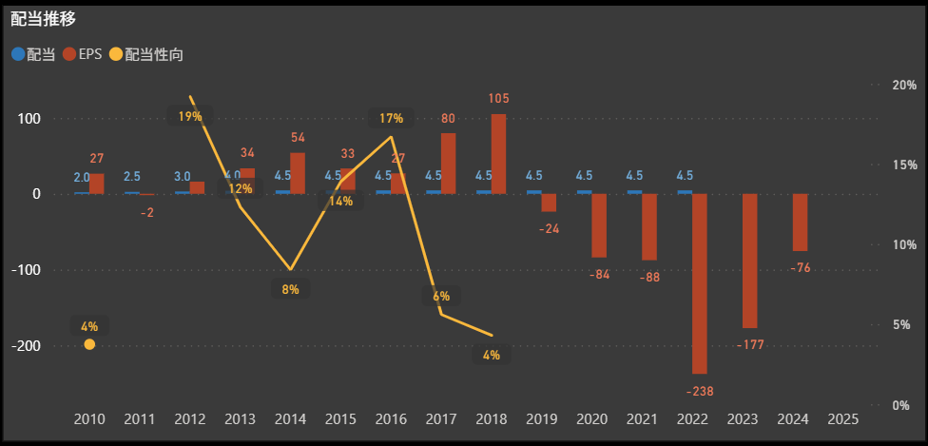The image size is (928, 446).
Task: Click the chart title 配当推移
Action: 44,18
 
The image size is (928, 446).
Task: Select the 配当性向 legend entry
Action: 146,54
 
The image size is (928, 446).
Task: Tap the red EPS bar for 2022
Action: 700,283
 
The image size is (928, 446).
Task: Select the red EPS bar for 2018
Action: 499,154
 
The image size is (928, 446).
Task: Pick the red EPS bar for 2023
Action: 750,261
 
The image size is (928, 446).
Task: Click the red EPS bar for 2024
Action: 800,222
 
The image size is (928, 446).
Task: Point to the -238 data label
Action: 700,391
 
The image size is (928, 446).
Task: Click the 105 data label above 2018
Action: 499,98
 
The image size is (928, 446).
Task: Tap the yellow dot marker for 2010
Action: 89,344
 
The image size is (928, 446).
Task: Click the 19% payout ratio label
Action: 190,117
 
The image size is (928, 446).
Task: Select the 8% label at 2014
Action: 291,289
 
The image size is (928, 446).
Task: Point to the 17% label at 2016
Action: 391,118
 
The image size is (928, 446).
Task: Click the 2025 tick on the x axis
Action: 842,418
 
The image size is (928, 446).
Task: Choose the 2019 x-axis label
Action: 541,418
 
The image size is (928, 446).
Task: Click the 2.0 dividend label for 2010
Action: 82,177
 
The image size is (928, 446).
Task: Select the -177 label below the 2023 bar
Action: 750,343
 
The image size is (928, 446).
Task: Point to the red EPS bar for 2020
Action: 600,225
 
